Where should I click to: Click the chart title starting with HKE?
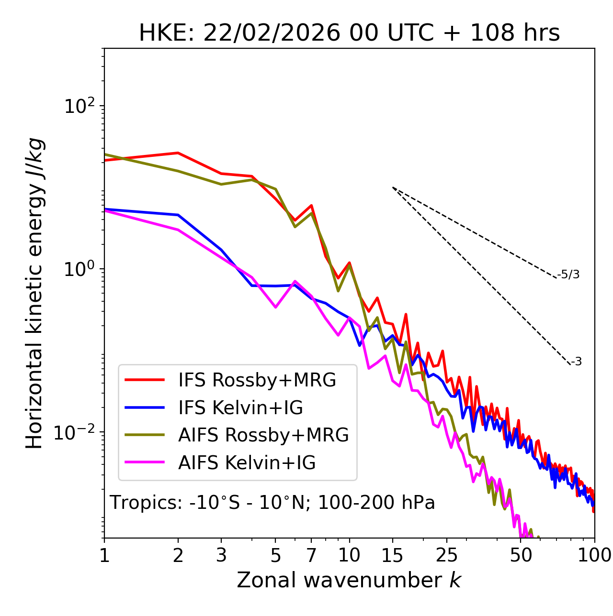click(349, 33)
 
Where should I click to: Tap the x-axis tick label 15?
click(393, 555)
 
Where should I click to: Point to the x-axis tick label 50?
click(521, 555)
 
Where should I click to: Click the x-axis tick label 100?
click(594, 555)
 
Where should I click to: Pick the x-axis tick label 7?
click(311, 555)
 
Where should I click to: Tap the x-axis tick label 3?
click(221, 555)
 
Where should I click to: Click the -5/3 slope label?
click(568, 275)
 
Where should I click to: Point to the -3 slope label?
click(576, 362)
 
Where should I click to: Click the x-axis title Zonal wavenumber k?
click(349, 580)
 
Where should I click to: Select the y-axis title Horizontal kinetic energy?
click(34, 294)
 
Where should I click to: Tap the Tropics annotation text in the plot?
click(272, 503)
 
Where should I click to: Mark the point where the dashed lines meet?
click(393, 187)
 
